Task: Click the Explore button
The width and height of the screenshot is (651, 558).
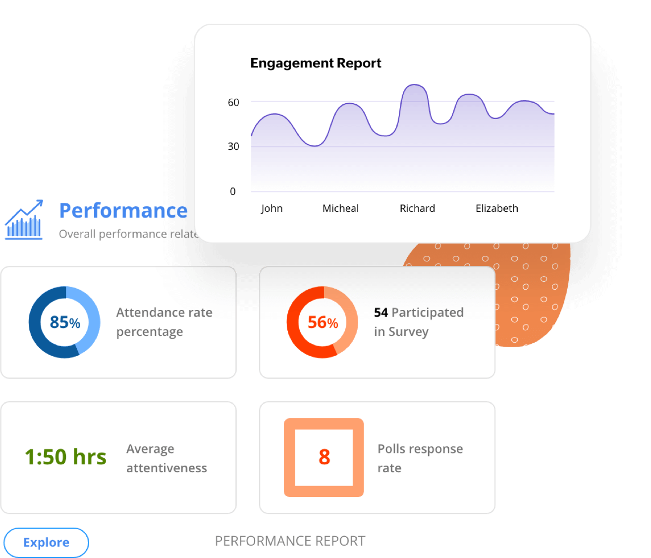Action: tap(46, 542)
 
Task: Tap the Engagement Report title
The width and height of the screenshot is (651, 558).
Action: tap(316, 63)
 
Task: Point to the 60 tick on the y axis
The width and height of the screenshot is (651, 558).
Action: tap(233, 103)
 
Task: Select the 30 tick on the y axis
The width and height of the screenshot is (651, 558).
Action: tap(233, 146)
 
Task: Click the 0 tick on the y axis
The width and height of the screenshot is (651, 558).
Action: tap(233, 191)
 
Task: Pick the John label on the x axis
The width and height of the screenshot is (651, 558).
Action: tap(272, 208)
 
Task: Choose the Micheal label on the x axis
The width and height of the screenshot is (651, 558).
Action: tap(340, 208)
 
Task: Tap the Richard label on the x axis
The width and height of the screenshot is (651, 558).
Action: tap(417, 208)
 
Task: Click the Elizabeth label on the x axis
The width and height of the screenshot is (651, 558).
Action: tap(497, 208)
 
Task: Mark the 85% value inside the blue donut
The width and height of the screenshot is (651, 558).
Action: tap(65, 322)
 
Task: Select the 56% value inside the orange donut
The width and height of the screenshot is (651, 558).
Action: tap(323, 322)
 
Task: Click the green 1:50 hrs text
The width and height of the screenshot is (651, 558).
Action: tap(65, 457)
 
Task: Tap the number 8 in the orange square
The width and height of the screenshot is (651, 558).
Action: tap(324, 457)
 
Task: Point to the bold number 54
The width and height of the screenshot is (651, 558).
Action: tap(381, 312)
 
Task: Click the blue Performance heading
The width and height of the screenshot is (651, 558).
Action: tap(123, 210)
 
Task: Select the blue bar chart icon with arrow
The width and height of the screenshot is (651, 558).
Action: tap(24, 220)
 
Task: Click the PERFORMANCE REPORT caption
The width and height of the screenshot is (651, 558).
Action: tap(290, 541)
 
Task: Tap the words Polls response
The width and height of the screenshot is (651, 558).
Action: tap(420, 449)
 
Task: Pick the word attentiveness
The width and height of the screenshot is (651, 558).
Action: tap(166, 468)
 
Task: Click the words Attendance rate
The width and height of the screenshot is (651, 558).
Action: tap(164, 312)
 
